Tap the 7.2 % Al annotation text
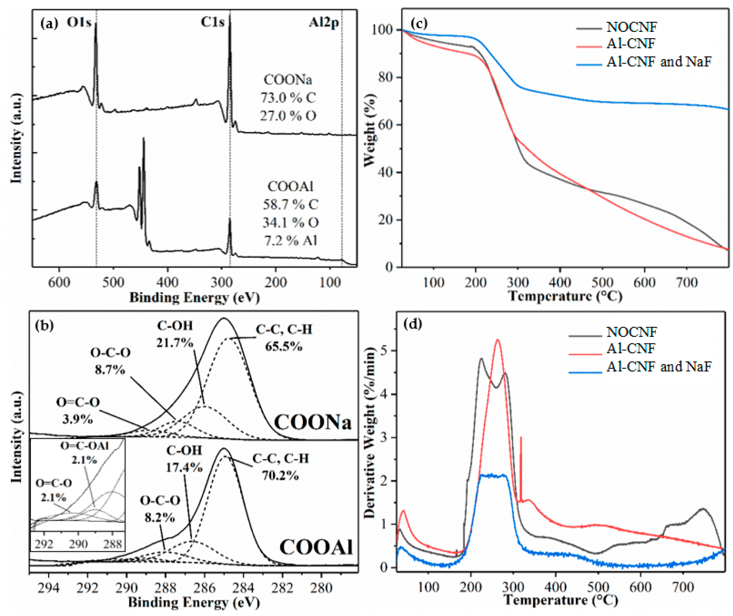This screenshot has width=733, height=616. (291, 241)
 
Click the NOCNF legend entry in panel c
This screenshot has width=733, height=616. (632, 27)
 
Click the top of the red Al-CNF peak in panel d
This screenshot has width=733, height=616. (498, 340)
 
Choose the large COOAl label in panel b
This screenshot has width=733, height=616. (316, 547)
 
